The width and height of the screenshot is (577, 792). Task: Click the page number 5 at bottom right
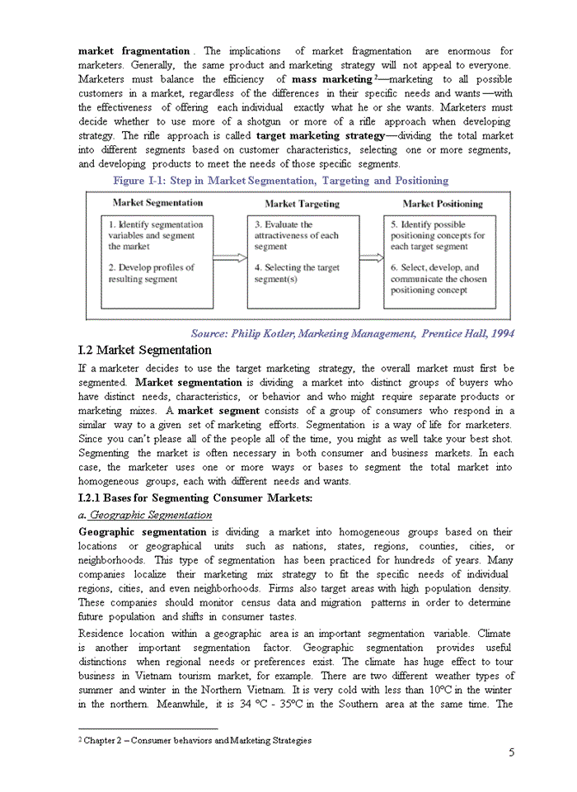(512, 752)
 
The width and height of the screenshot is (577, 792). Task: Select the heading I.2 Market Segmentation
(144, 350)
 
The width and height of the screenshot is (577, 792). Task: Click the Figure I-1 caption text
(280, 181)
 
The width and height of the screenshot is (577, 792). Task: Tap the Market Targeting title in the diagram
(302, 204)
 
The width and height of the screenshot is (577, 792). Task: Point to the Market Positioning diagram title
(443, 204)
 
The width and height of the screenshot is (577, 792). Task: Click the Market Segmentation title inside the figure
(157, 203)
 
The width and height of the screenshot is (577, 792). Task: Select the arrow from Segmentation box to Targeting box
(230, 258)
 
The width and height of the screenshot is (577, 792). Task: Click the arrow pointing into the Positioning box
(371, 258)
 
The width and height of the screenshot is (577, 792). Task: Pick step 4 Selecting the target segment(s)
(296, 273)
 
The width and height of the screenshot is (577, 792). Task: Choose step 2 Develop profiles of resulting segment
(152, 273)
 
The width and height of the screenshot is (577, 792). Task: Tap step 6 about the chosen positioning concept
(439, 279)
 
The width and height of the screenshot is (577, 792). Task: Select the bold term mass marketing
(331, 79)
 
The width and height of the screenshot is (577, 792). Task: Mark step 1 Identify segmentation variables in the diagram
(155, 235)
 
